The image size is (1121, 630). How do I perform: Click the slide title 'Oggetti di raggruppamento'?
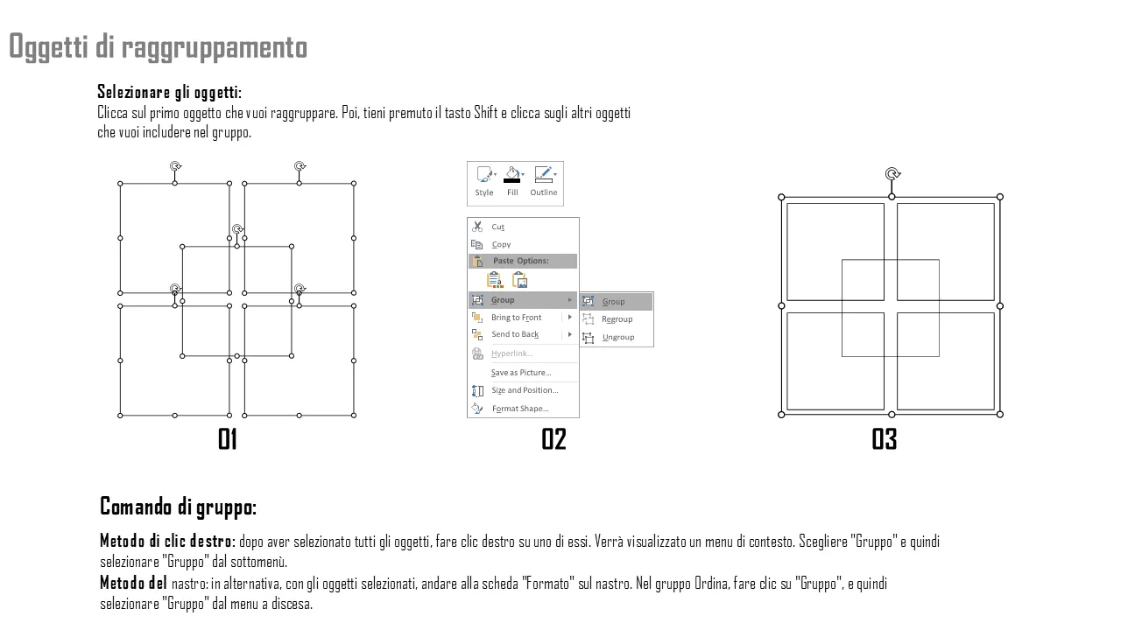click(159, 47)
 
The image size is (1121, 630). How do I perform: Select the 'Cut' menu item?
click(497, 227)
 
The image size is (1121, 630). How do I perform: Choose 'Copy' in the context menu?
click(501, 244)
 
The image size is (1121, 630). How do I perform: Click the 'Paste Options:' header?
click(520, 261)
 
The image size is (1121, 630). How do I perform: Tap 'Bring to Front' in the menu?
click(516, 318)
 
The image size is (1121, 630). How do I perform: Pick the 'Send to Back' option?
click(515, 334)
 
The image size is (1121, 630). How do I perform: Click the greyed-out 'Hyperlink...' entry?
click(512, 353)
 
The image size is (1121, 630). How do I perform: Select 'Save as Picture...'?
click(521, 373)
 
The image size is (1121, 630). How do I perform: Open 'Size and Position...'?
click(525, 390)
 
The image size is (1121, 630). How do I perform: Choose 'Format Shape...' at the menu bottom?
click(520, 409)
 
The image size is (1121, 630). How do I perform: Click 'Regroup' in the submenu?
click(617, 319)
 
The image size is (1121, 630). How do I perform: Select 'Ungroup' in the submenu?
click(618, 337)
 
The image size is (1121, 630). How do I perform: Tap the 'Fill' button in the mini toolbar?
click(512, 181)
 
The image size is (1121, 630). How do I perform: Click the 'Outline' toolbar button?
click(544, 181)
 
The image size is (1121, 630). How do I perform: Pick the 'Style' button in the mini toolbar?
click(484, 181)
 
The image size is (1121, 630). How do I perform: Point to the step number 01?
click(227, 439)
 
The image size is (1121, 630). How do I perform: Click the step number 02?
click(553, 439)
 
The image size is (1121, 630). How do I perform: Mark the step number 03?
click(885, 439)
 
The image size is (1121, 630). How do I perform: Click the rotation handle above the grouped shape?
click(892, 174)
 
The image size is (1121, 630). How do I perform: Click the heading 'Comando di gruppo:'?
click(178, 507)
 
